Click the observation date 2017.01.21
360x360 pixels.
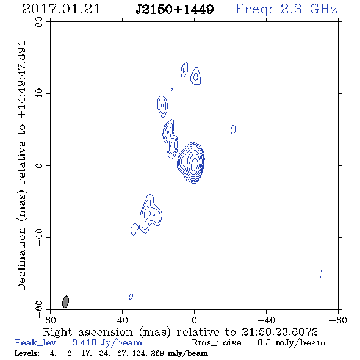tap(61, 9)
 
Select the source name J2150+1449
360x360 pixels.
tap(175, 9)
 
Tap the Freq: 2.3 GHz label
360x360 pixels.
tap(286, 9)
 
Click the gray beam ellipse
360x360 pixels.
tap(66, 301)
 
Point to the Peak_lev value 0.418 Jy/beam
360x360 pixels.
tap(107, 342)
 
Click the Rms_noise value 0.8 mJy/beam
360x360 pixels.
tap(291, 342)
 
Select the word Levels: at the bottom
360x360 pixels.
tap(27, 353)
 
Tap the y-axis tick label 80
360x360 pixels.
tap(39, 22)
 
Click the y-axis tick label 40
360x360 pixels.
tap(39, 93)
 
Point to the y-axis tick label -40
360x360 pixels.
tap(39, 237)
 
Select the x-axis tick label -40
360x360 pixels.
tap(266, 320)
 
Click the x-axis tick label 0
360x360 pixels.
tap(194, 320)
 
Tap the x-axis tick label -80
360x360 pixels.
tap(338, 320)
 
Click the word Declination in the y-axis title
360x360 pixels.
tap(21, 259)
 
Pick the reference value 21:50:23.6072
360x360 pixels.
tap(279, 332)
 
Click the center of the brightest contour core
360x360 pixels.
tap(194, 164)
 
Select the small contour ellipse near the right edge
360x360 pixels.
tap(322, 275)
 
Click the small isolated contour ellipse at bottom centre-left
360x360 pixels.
tap(131, 296)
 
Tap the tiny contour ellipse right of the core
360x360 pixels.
tap(233, 129)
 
